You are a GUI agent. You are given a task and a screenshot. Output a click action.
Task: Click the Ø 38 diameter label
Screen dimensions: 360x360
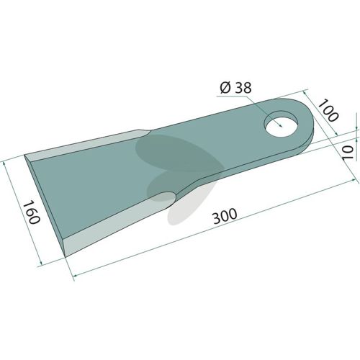[235, 88]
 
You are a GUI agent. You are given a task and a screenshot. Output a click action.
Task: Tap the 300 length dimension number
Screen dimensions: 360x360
[225, 216]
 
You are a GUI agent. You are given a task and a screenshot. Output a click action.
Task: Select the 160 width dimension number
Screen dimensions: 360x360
[31, 212]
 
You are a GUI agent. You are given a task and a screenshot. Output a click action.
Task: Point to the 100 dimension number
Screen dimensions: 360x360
[328, 110]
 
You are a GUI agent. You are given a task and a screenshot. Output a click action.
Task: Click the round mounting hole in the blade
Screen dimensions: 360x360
[282, 124]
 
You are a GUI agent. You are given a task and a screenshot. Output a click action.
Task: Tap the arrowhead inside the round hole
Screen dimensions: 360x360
[279, 125]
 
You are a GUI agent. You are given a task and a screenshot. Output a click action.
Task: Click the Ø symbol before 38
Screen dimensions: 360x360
[225, 89]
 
